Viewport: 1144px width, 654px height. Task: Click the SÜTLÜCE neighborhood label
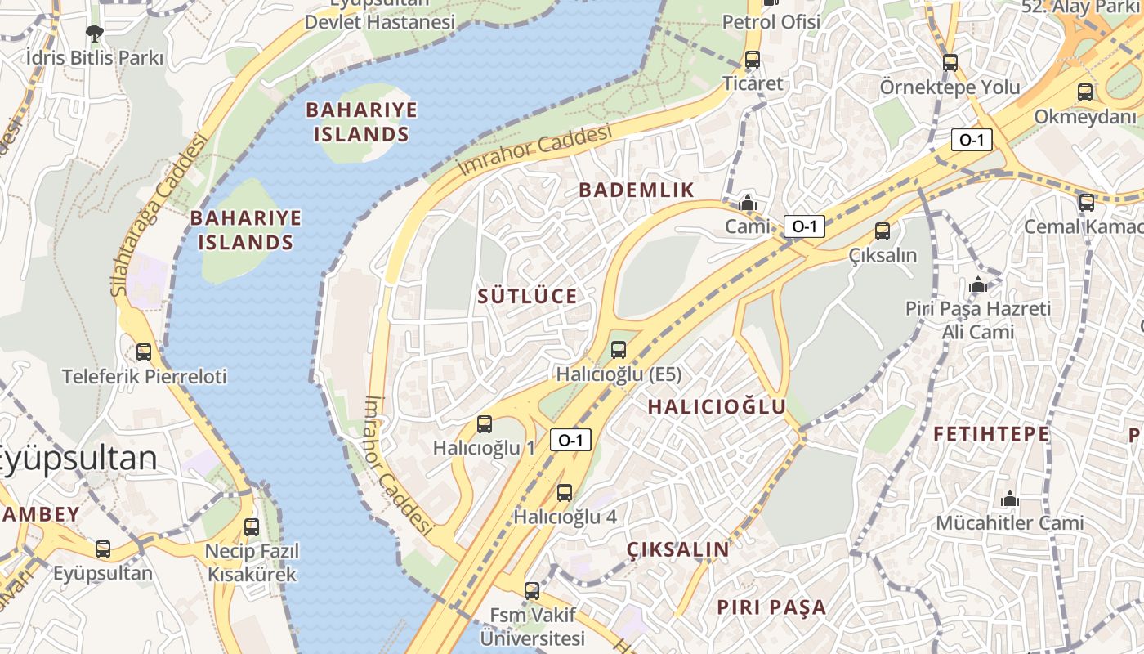(x=527, y=296)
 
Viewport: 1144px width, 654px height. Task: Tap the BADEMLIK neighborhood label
(x=637, y=190)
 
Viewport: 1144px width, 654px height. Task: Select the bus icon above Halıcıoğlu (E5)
(x=619, y=350)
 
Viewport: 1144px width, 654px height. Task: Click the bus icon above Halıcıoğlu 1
(x=485, y=423)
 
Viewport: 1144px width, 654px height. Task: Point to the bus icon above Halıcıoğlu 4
(x=565, y=492)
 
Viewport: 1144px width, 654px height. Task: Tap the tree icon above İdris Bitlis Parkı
(x=95, y=34)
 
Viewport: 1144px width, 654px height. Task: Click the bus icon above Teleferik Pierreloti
(x=144, y=352)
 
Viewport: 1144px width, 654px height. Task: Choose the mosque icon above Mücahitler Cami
(x=1010, y=499)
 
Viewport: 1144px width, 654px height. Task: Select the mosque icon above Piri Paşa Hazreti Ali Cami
(x=978, y=285)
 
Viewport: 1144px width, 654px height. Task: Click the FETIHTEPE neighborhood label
(x=991, y=433)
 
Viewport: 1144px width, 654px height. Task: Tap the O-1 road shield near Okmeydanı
(x=972, y=140)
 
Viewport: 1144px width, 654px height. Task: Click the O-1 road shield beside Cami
(x=804, y=226)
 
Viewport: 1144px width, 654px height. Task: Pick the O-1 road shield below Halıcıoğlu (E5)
(x=570, y=440)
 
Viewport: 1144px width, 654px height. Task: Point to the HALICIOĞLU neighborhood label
(x=717, y=406)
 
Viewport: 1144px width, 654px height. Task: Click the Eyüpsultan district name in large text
(x=78, y=458)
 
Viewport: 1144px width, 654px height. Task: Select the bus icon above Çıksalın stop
(x=883, y=231)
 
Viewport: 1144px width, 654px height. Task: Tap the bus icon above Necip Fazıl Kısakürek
(x=252, y=526)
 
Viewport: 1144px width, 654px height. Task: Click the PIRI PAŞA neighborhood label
(x=771, y=607)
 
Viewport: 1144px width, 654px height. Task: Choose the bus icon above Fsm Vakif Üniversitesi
(x=532, y=590)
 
